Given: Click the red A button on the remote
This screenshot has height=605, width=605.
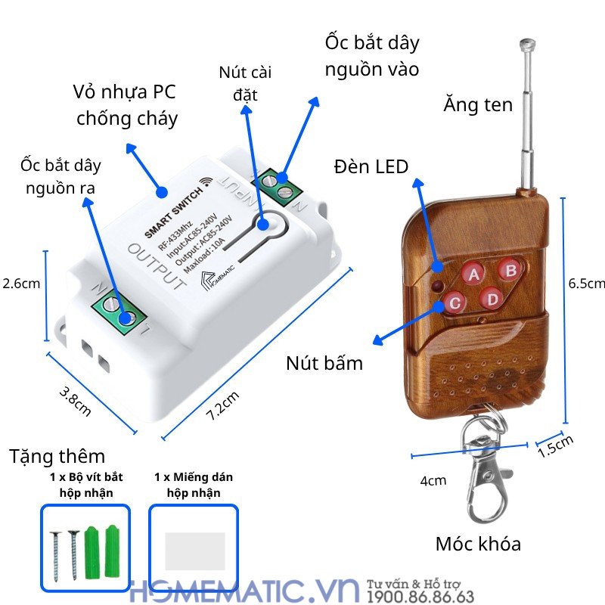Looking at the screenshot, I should coord(474,274).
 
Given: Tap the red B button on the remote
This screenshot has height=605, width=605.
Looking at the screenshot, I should coord(510,268).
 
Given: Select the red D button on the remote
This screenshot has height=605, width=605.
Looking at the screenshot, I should coord(492,299).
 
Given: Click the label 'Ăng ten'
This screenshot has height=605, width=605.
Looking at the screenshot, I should coord(477,104).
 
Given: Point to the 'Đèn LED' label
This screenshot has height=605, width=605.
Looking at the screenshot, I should coord(371,166).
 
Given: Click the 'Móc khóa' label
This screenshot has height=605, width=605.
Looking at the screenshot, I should coord(478,544).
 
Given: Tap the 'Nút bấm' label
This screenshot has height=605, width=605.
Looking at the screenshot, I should coord(324,363).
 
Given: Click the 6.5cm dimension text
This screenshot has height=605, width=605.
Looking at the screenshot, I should coord(587,284).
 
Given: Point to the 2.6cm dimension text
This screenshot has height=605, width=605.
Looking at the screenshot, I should coord(21,284).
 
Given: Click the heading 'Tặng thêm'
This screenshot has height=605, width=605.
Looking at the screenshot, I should coord(57,457).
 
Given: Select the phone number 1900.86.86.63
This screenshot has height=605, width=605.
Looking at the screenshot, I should coord(420,597).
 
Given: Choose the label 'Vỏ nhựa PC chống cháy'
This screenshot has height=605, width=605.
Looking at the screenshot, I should coord(126,105).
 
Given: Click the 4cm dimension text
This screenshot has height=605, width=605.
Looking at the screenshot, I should coord(433,480).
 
